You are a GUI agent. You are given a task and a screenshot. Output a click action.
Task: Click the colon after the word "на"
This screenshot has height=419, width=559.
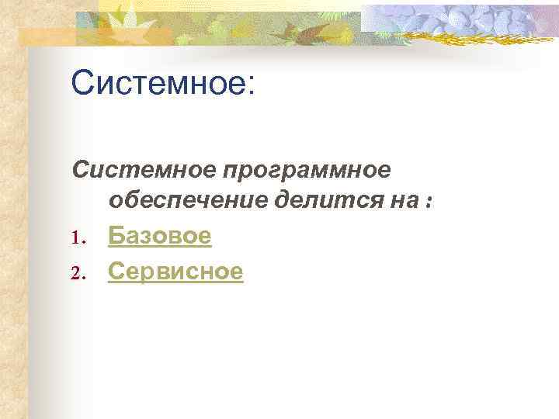tap(427, 203)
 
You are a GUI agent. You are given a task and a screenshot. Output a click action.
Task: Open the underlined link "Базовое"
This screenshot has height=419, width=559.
tap(159, 236)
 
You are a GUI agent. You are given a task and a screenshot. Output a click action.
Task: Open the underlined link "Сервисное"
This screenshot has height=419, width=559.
tap(175, 271)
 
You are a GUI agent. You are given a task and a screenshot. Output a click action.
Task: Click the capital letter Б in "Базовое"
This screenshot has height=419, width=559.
tap(116, 236)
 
